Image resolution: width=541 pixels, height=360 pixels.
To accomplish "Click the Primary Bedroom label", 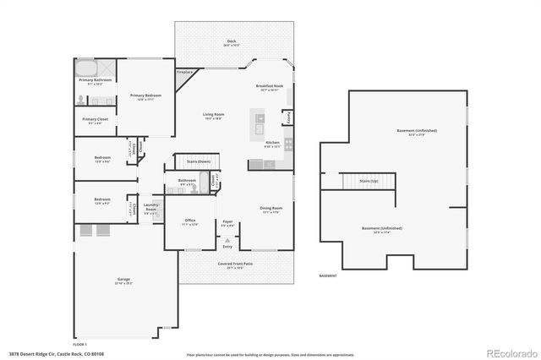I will click(146, 96).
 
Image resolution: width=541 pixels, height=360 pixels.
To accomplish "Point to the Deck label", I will click(231, 41).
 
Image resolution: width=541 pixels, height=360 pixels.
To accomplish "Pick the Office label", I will click(190, 221).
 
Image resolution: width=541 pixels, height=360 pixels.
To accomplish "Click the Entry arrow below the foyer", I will click(227, 241).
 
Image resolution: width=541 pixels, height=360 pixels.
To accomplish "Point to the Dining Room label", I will click(270, 208).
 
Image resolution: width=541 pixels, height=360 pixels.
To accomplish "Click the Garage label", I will click(123, 279).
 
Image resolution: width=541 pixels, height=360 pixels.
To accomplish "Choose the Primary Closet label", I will click(95, 120).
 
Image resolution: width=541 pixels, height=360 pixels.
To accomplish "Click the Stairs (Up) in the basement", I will click(369, 181).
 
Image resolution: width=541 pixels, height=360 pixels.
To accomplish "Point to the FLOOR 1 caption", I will click(80, 344).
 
